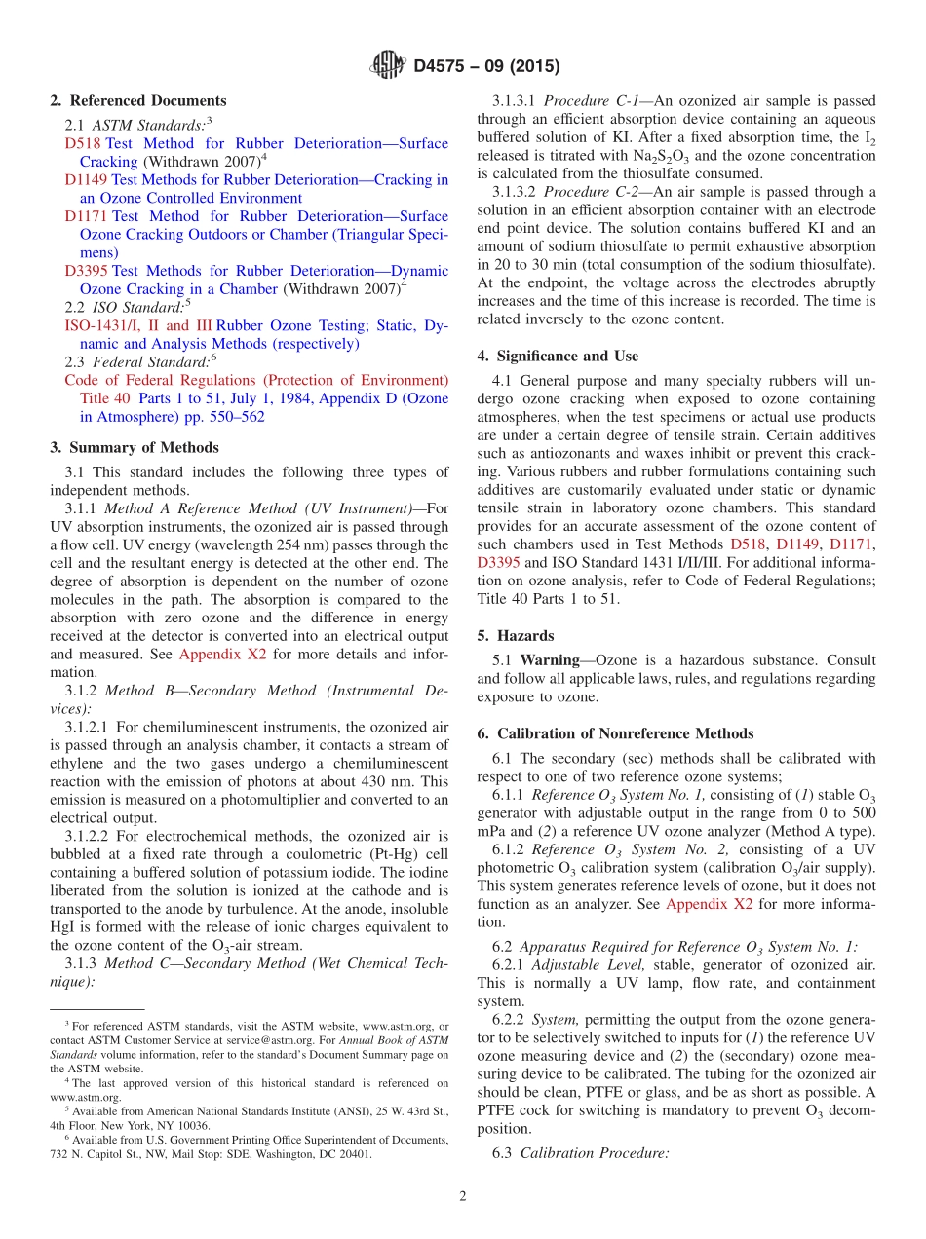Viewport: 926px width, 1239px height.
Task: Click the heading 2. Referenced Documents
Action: (x=137, y=101)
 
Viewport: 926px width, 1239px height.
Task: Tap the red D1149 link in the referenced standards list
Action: (x=86, y=180)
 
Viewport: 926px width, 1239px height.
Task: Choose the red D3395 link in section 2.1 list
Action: (x=86, y=271)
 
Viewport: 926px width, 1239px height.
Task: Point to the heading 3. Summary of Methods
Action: (x=134, y=448)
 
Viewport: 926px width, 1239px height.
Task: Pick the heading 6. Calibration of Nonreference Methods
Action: (x=615, y=733)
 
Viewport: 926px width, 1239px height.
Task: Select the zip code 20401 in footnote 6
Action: (x=354, y=1155)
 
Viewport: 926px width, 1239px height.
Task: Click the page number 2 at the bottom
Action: (x=463, y=1196)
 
